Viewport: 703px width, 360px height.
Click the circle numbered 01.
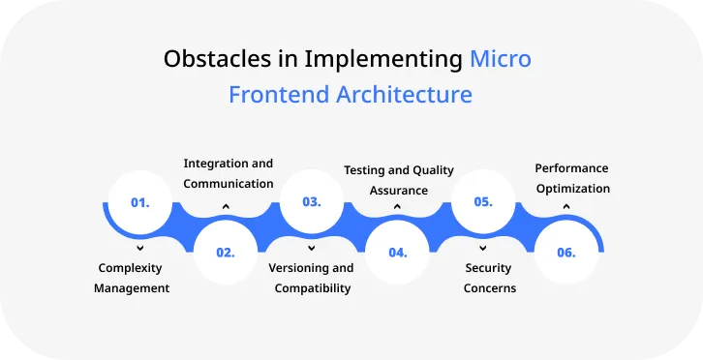click(139, 203)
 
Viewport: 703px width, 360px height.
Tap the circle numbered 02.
click(226, 252)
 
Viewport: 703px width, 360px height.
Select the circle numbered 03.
click(311, 203)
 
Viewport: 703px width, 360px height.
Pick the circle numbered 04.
click(397, 252)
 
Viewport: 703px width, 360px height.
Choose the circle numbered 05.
click(482, 203)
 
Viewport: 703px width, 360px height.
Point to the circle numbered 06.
click(566, 252)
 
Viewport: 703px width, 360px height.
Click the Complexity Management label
click(132, 278)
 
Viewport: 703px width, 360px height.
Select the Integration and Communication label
click(229, 173)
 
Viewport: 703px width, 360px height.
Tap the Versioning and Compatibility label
click(311, 278)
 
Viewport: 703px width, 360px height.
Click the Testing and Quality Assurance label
click(399, 180)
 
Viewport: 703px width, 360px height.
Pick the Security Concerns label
click(489, 278)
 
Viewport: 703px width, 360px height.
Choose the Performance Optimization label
click(572, 178)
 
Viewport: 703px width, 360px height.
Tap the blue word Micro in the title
click(501, 59)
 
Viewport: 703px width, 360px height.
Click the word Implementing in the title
click(383, 59)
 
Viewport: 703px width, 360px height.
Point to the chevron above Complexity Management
click(140, 249)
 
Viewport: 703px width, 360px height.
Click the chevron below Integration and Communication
click(226, 206)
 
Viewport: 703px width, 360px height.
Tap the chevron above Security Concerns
click(482, 249)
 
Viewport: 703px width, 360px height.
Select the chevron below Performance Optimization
click(566, 206)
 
